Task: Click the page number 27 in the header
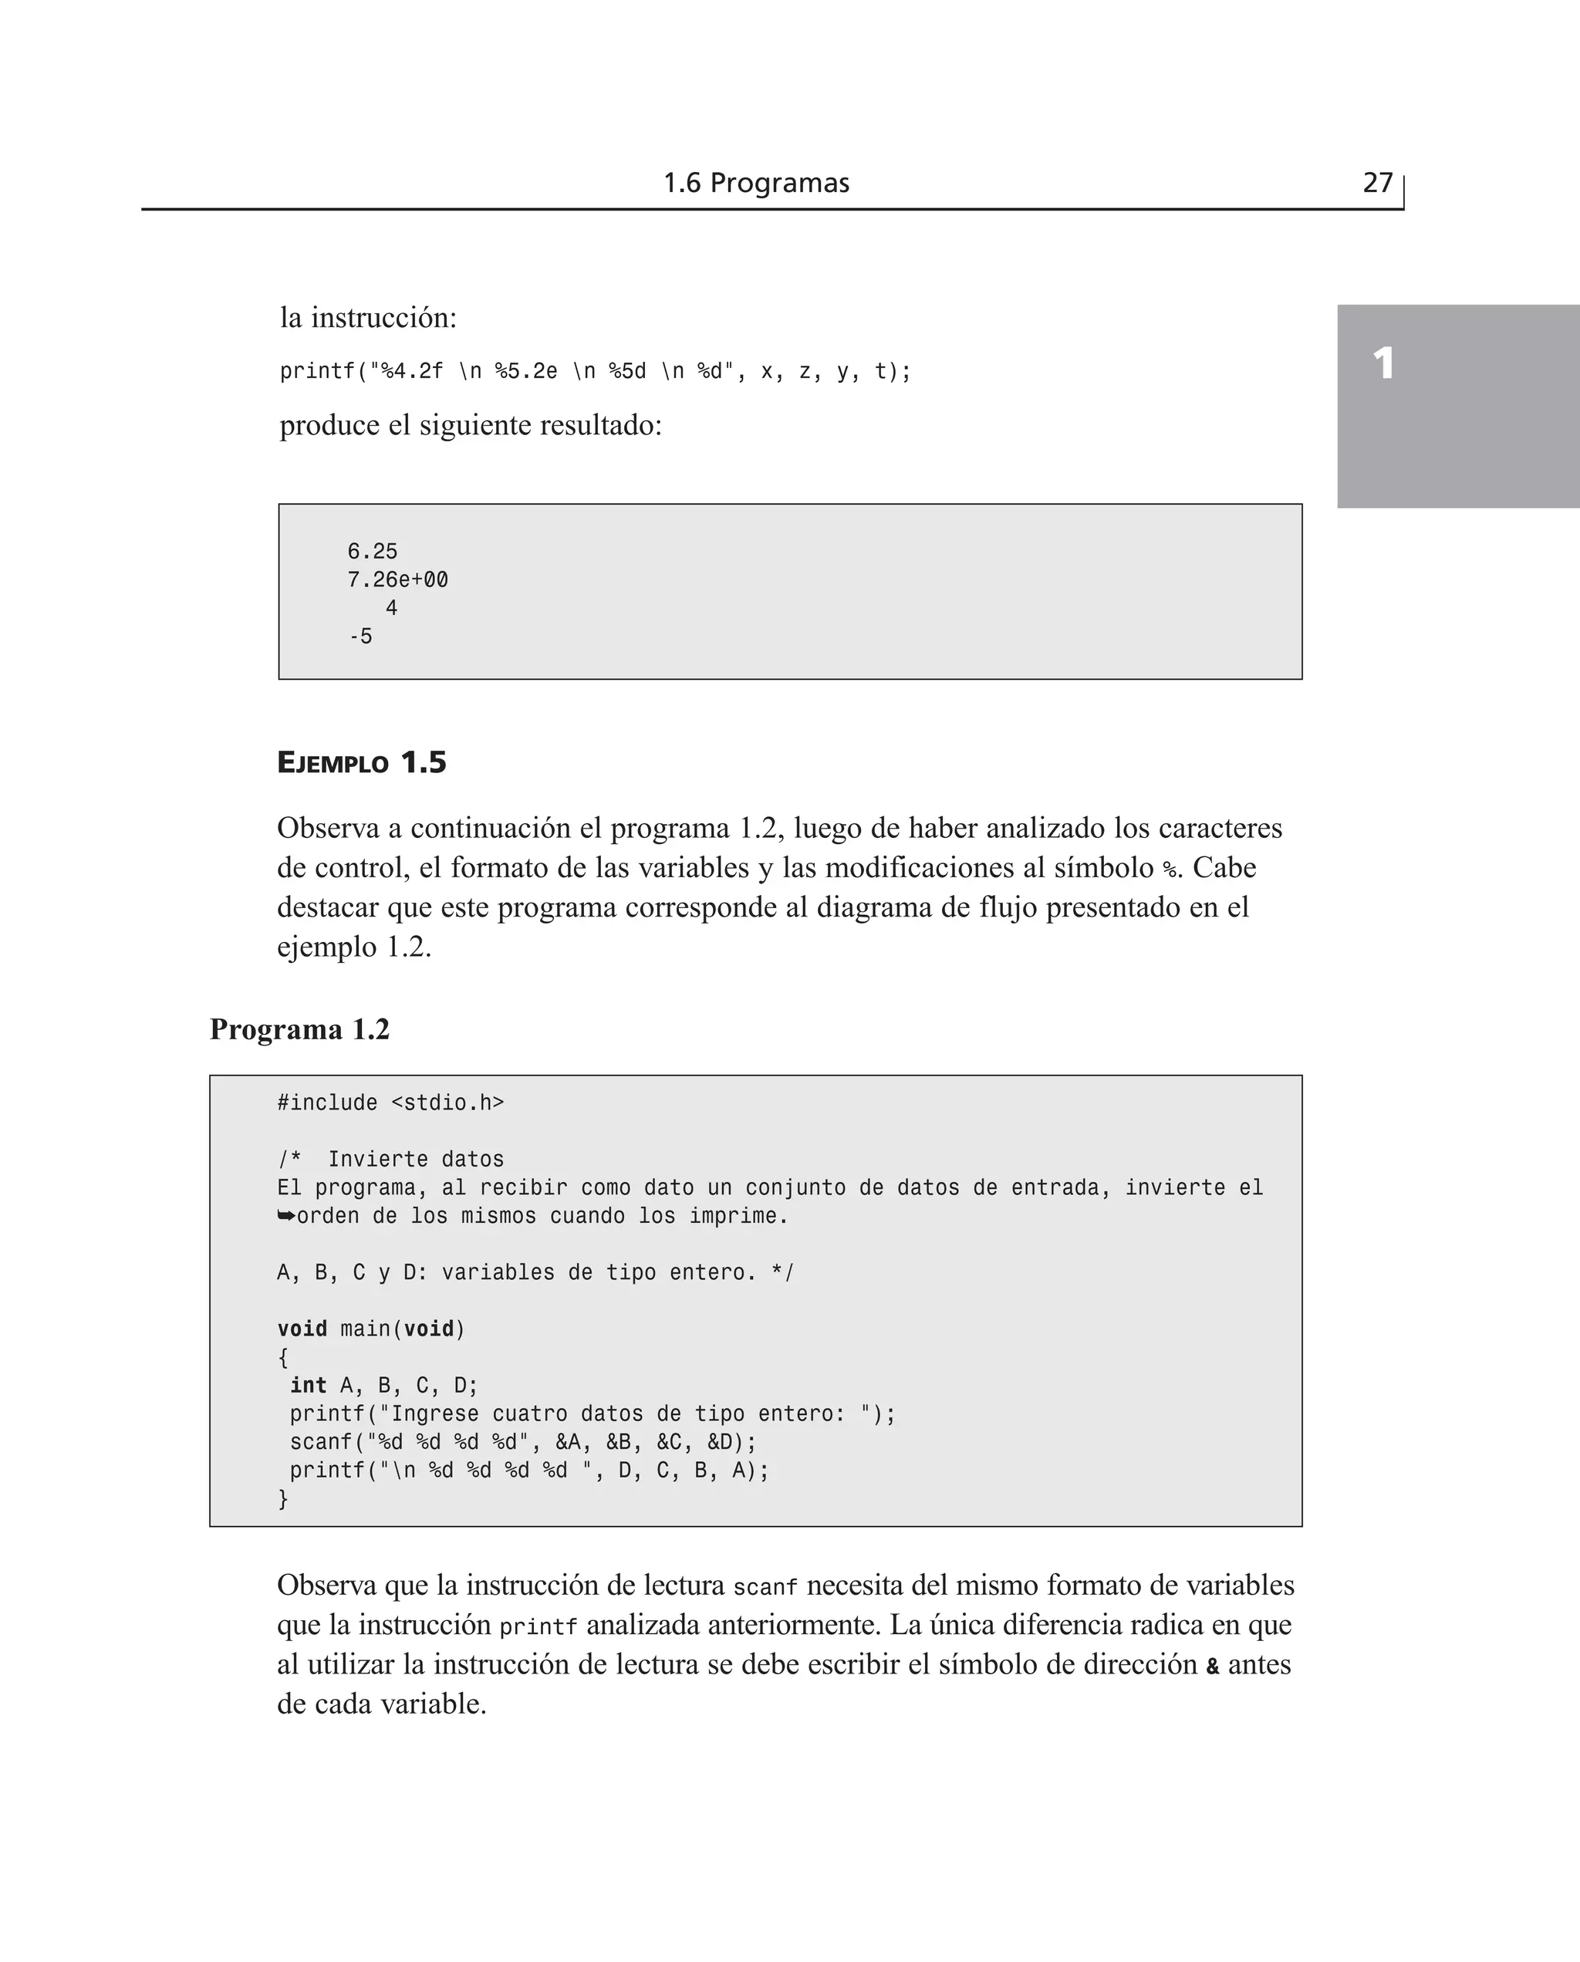pyautogui.click(x=1377, y=183)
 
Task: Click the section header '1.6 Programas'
pyautogui.click(x=755, y=183)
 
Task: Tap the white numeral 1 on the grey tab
pyautogui.click(x=1383, y=364)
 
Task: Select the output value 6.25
pyautogui.click(x=373, y=552)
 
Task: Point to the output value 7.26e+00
pyautogui.click(x=398, y=579)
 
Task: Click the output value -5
pyautogui.click(x=361, y=636)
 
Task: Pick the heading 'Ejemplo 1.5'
pyautogui.click(x=361, y=762)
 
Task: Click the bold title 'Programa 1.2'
pyautogui.click(x=299, y=1029)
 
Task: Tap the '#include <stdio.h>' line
pyautogui.click(x=390, y=1103)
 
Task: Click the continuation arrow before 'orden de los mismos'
pyautogui.click(x=285, y=1216)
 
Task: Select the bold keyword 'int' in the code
pyautogui.click(x=309, y=1385)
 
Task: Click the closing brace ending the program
pyautogui.click(x=283, y=1499)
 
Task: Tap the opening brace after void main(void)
pyautogui.click(x=283, y=1358)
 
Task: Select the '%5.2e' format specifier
pyautogui.click(x=525, y=371)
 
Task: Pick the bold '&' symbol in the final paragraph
pyautogui.click(x=1212, y=1667)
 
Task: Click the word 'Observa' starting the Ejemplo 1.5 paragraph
pyautogui.click(x=328, y=828)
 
